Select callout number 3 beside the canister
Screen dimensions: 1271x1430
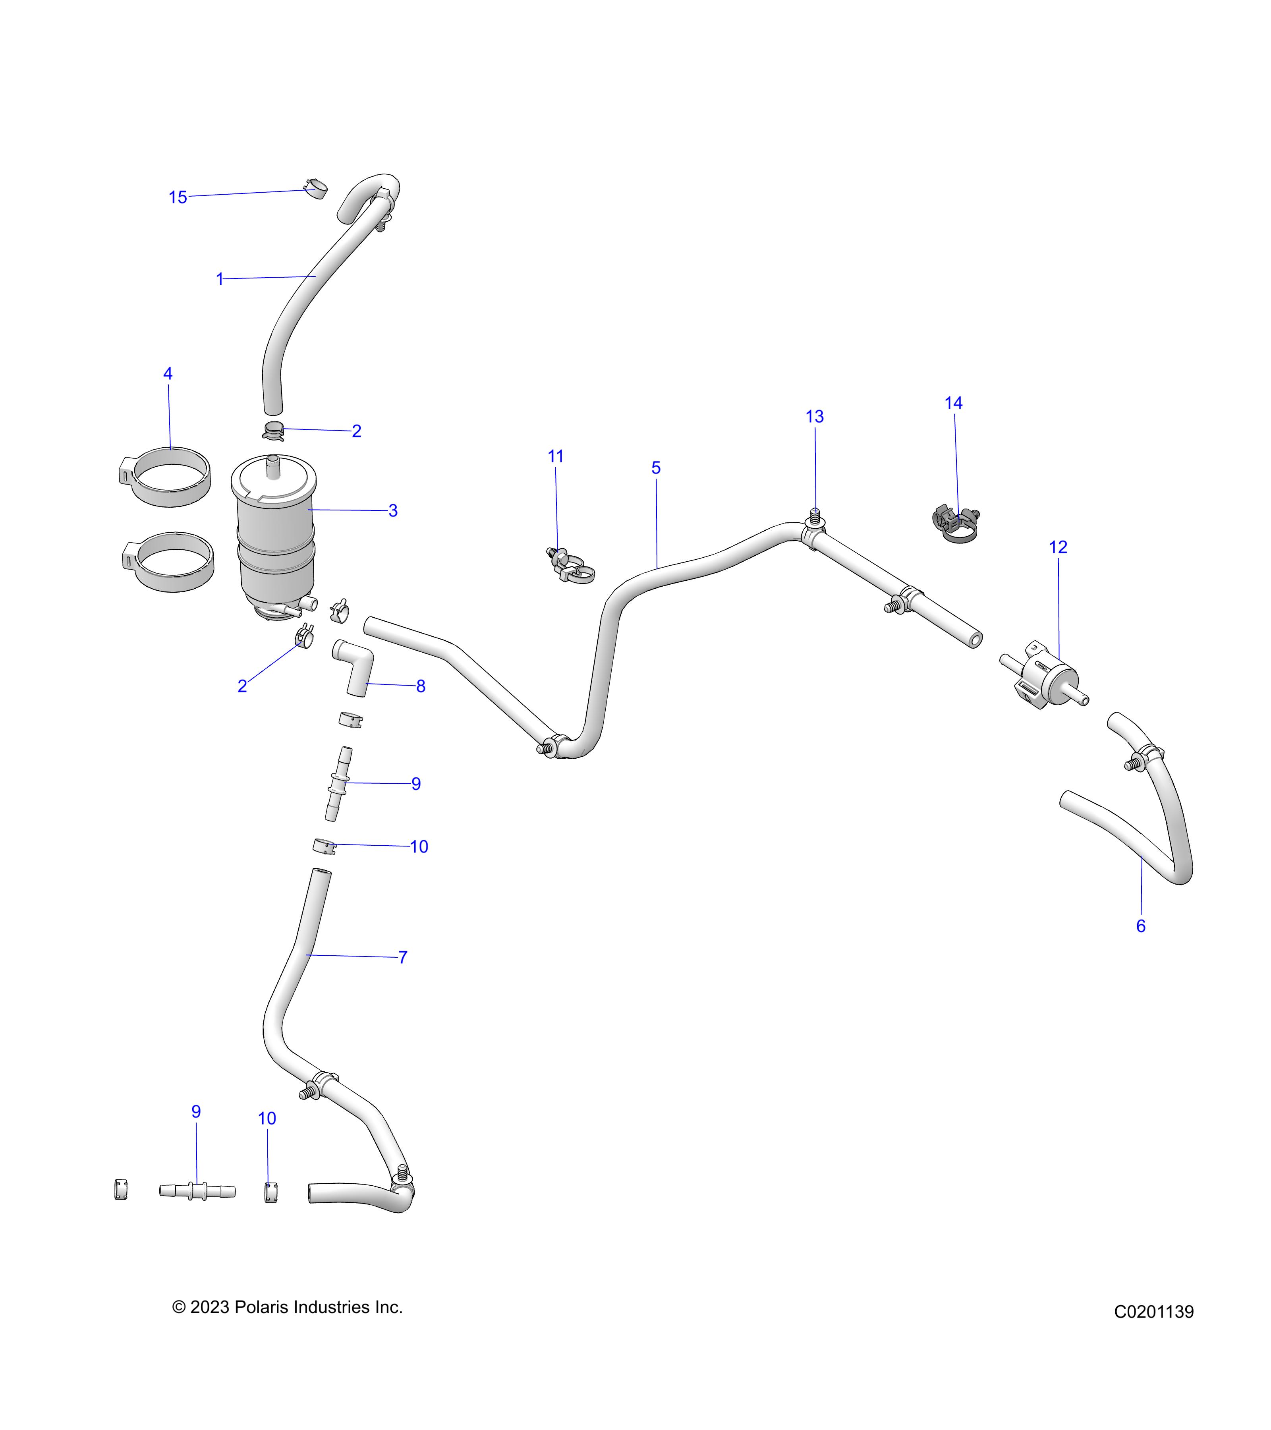(393, 511)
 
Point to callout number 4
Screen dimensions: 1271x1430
(168, 374)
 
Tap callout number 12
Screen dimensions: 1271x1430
(1059, 547)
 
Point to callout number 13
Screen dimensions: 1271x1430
(815, 416)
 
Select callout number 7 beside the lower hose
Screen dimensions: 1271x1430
(403, 957)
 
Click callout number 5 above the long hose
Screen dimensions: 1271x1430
(656, 468)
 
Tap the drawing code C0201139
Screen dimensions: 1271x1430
(1154, 1312)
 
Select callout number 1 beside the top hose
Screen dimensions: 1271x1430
(220, 279)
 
